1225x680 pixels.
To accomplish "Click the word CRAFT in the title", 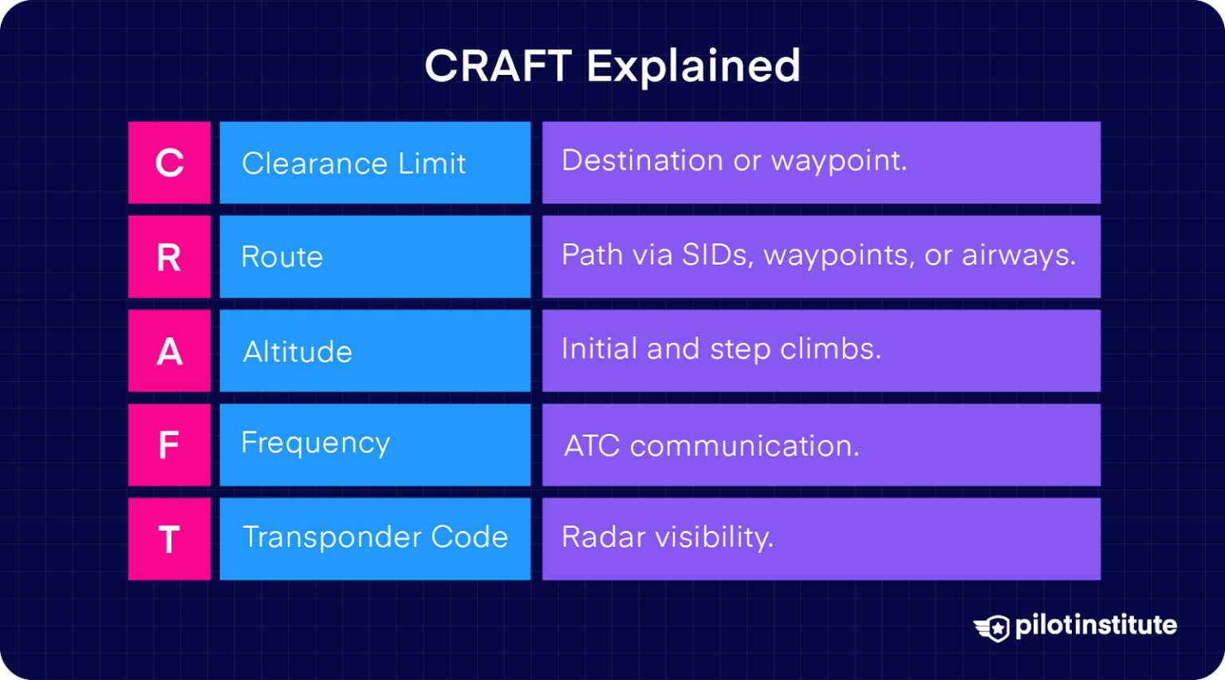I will tap(498, 65).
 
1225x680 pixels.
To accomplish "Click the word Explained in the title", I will tap(693, 67).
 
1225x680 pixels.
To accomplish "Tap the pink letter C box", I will tap(169, 163).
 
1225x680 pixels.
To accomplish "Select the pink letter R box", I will tap(169, 257).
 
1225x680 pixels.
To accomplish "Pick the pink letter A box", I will tap(169, 351).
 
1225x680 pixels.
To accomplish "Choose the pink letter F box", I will tap(169, 445).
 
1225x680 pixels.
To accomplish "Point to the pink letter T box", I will tap(169, 539).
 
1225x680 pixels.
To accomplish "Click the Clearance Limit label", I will tap(353, 163).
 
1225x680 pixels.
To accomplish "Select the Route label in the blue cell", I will tap(282, 257).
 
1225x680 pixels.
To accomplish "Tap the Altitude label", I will tap(297, 352).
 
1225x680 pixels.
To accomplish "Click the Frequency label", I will tap(315, 443).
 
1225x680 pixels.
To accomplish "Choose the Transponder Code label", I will tap(375, 537).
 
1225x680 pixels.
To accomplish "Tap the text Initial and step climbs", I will tap(721, 349).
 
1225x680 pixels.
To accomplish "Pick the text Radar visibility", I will tap(668, 537).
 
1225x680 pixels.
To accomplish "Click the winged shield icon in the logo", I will tap(992, 627).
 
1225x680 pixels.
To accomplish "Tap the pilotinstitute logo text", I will tap(1096, 625).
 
